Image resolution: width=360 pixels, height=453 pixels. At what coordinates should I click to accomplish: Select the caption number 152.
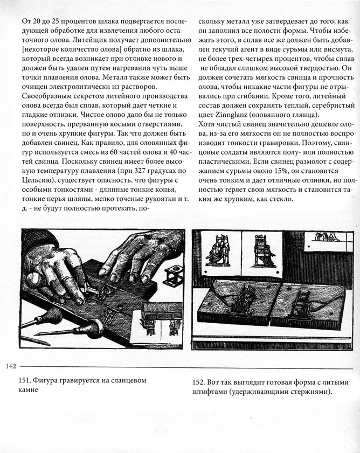pos(198,382)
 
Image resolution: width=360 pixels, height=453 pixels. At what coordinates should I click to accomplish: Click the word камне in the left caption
pos(31,391)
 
